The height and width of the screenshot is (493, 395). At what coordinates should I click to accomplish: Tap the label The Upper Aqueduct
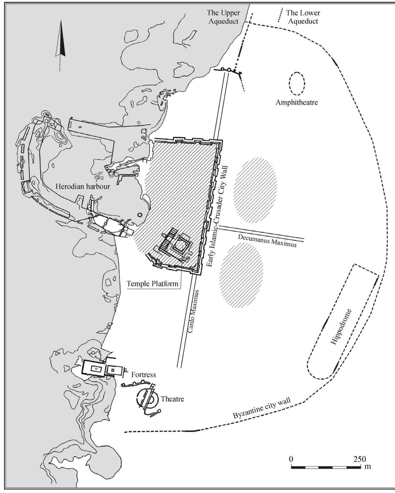point(223,17)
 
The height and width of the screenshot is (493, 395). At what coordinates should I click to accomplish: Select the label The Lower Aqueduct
point(303,17)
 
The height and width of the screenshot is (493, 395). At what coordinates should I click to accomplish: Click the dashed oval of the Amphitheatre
point(297,84)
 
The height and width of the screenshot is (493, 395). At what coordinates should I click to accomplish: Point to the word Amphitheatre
point(297,102)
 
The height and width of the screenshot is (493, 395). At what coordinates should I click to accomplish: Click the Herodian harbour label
point(83,186)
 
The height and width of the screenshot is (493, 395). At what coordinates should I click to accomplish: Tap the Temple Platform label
point(152,283)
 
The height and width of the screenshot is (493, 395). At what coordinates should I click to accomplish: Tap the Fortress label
point(143,374)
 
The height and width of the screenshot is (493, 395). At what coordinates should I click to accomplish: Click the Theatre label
point(172,399)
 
